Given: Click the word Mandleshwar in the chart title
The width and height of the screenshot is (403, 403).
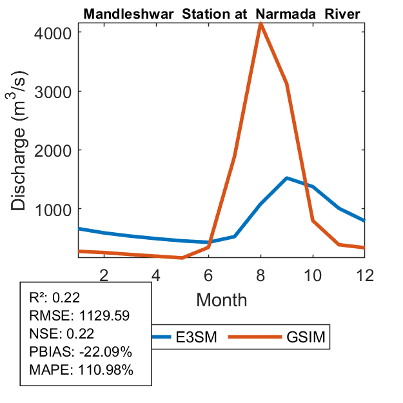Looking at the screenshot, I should coord(123,14).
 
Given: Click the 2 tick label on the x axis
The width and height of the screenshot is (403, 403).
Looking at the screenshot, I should coord(103,274).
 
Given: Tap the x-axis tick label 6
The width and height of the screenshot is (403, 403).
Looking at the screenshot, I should coord(208,274).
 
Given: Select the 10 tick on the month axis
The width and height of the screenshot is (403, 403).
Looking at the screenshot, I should coord(313,274).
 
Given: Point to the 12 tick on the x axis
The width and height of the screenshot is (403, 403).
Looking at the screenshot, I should coord(365,274).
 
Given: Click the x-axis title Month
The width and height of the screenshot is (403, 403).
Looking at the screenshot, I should coord(221,299).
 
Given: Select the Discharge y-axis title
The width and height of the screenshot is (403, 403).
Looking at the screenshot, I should coord(21,150).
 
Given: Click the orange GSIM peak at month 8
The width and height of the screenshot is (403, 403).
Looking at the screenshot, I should coord(260,24).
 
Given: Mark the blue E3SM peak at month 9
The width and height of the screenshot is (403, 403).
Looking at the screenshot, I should coord(287,178).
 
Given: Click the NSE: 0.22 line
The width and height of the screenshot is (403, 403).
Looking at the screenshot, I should coord(62,334).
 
